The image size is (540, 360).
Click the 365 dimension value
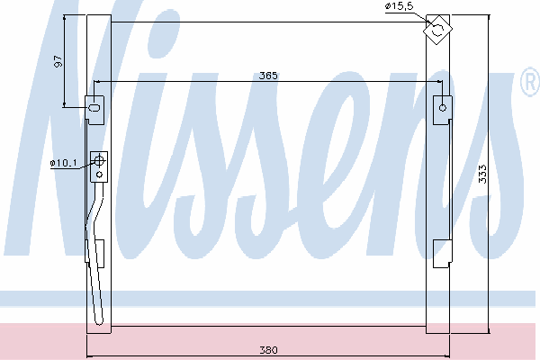[268, 76]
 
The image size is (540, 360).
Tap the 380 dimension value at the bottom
[268, 350]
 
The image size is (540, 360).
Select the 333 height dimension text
[482, 174]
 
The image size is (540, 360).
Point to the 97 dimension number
[58, 61]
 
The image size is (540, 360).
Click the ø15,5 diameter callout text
[399, 6]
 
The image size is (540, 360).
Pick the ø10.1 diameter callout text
[63, 163]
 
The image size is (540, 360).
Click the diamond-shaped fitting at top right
[437, 30]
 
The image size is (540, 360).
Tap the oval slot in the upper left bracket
[94, 107]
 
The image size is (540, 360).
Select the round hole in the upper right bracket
[443, 108]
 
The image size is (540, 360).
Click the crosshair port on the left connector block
[99, 160]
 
